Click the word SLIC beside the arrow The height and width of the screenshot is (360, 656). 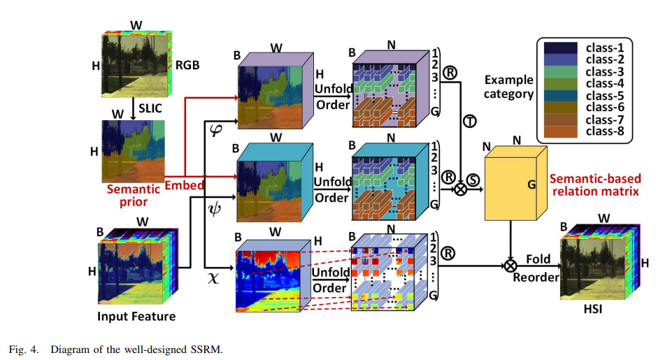click(x=151, y=108)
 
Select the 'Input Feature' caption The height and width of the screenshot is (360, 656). click(x=137, y=317)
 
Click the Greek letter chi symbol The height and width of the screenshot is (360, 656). click(x=214, y=277)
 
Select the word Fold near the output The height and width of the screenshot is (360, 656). click(x=539, y=259)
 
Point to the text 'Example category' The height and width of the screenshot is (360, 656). click(x=508, y=87)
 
